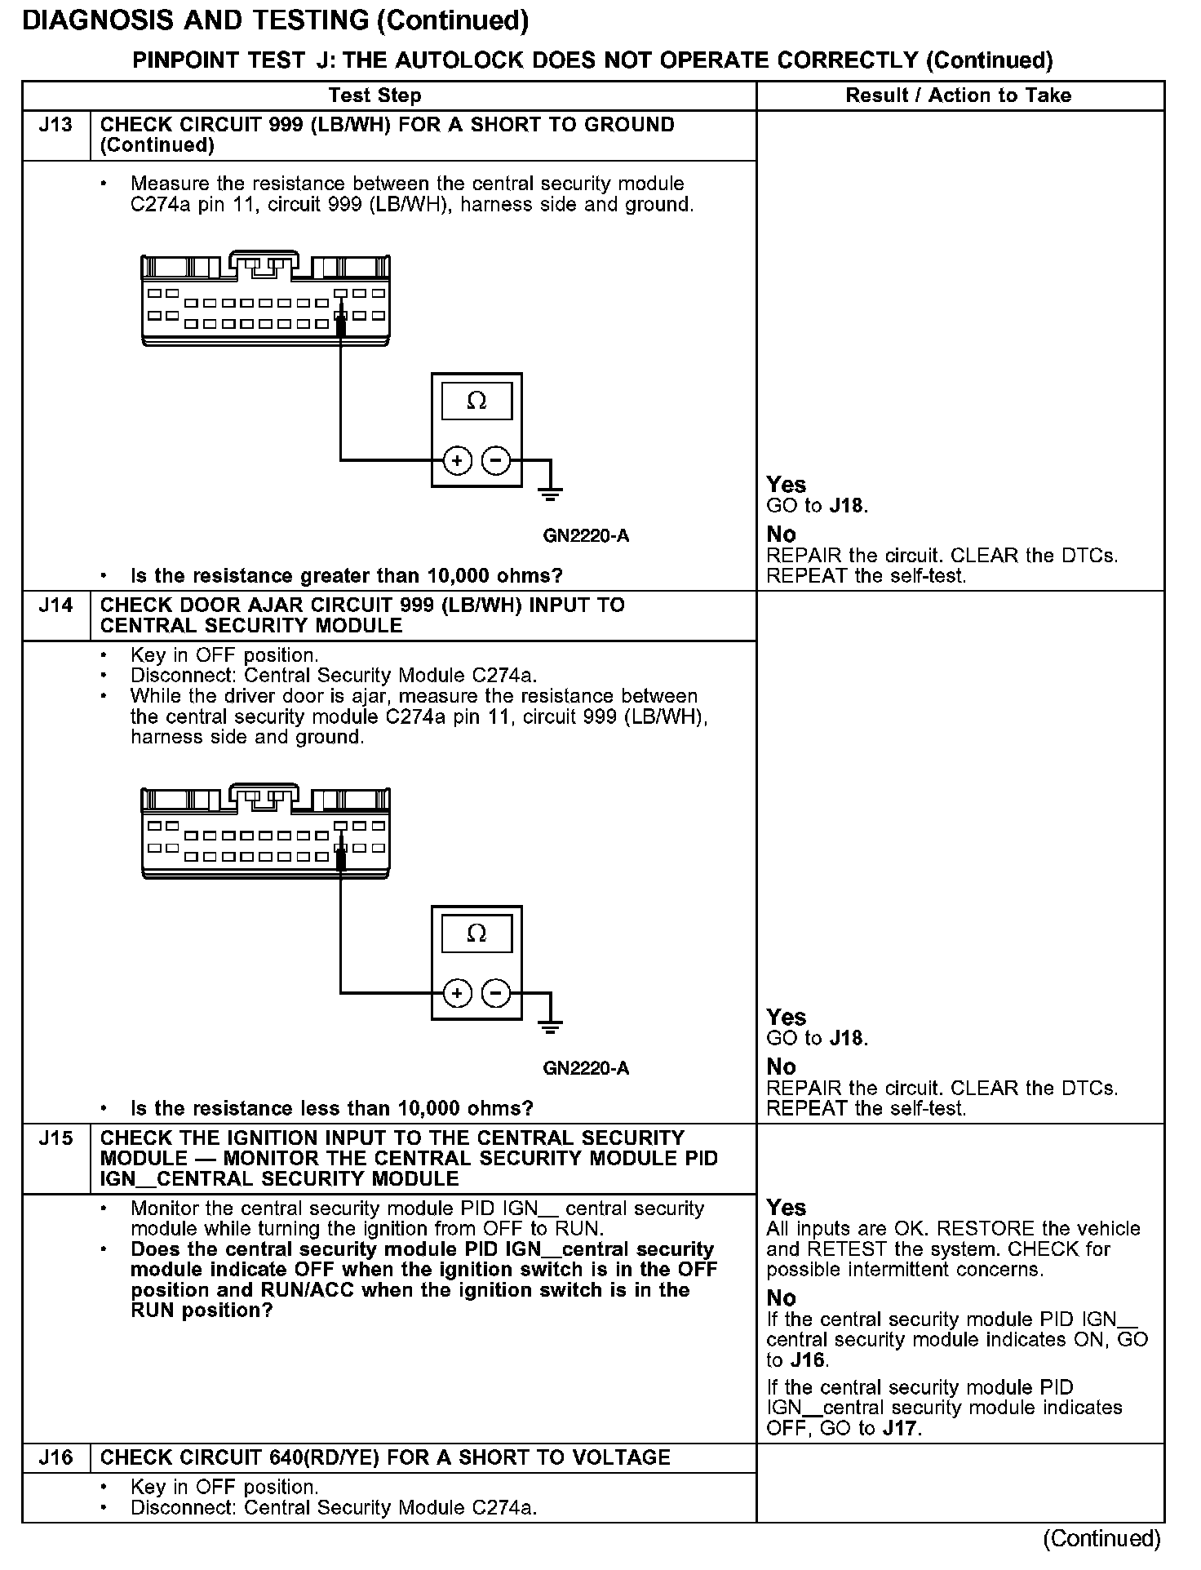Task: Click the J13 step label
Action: click(x=55, y=125)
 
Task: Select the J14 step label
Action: click(x=55, y=605)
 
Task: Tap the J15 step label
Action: click(x=55, y=1138)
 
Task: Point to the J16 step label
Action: click(x=55, y=1457)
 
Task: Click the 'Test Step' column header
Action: click(x=374, y=95)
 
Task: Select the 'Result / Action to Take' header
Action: click(x=958, y=95)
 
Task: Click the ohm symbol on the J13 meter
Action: click(x=476, y=401)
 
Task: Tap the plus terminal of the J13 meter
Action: click(x=457, y=461)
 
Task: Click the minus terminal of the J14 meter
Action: click(x=496, y=993)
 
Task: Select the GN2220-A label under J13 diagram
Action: click(x=586, y=536)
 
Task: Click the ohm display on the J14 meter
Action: click(x=476, y=934)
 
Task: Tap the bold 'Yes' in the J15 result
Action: click(x=787, y=1208)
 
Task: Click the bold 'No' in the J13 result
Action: click(x=781, y=534)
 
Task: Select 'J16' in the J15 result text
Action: click(x=807, y=1360)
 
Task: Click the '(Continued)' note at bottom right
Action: click(x=1101, y=1538)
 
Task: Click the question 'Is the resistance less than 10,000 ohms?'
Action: click(x=331, y=1108)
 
